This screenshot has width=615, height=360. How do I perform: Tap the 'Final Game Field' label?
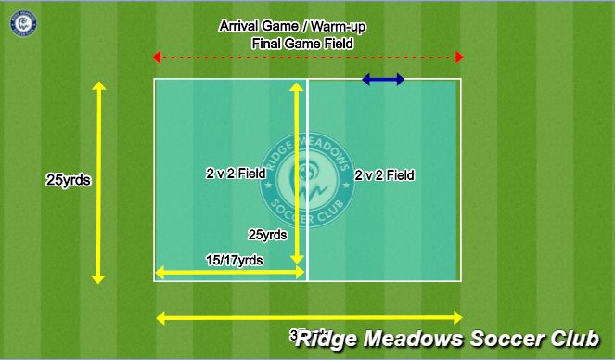pos(301,43)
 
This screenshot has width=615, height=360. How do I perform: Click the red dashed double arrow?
pos(308,58)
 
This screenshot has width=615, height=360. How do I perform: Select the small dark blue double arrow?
pos(383,80)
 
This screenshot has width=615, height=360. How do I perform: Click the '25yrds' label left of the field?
pos(68,181)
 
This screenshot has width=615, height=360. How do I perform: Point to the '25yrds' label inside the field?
pos(267,235)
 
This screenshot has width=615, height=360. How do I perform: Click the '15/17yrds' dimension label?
pos(233,261)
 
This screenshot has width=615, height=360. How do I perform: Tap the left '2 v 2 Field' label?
pos(236,173)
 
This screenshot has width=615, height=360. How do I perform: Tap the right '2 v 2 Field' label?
pos(384,174)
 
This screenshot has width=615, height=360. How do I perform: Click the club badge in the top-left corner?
pos(22,22)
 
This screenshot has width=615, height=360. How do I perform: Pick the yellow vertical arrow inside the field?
pos(297,173)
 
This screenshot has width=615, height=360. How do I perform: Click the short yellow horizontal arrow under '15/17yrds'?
pos(230,273)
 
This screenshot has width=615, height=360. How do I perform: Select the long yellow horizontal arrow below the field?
pos(309,317)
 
